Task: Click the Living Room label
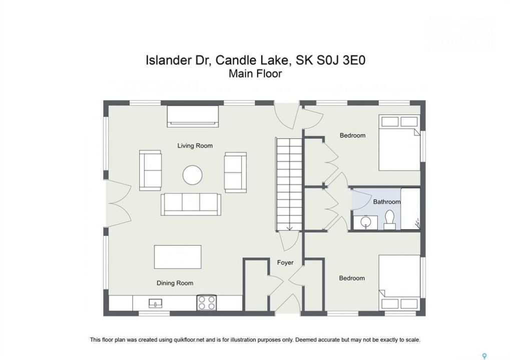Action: [x=195, y=145]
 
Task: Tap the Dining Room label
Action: [x=175, y=283]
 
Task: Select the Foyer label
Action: [x=285, y=262]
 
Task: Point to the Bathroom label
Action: [x=387, y=202]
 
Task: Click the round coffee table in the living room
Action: [x=193, y=175]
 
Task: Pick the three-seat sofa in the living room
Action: [x=191, y=204]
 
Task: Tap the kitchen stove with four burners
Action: [x=207, y=303]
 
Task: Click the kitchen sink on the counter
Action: [x=156, y=303]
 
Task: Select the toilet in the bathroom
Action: [x=389, y=220]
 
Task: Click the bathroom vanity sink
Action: [x=366, y=222]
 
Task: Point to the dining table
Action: [x=178, y=257]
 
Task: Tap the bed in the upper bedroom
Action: [x=399, y=142]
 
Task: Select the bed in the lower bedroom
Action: [x=399, y=282]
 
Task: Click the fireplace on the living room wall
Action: [x=193, y=116]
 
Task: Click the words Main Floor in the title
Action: [x=255, y=74]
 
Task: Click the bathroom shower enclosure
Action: [x=410, y=208]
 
